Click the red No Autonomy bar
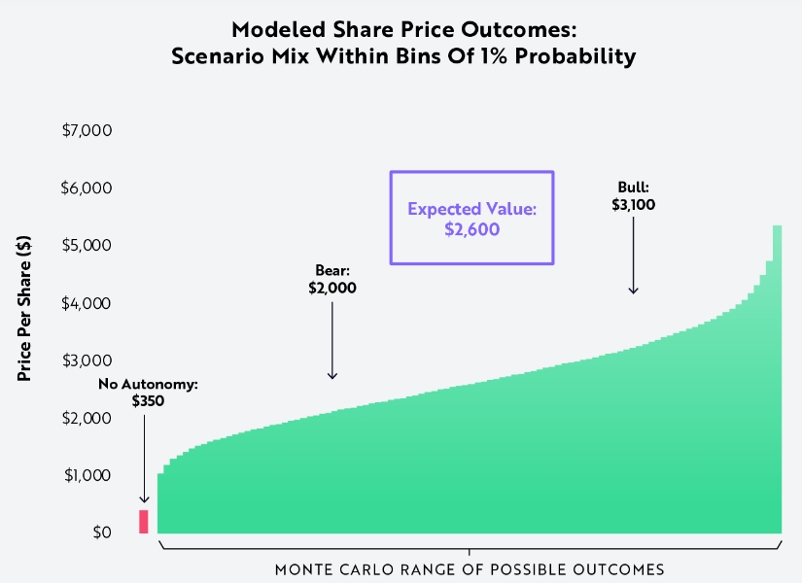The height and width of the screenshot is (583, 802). click(x=144, y=522)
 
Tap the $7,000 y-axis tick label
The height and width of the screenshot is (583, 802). click(x=87, y=130)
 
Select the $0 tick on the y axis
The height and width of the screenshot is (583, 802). click(x=102, y=532)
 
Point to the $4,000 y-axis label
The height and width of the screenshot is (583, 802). click(x=86, y=303)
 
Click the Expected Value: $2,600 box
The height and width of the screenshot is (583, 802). click(x=471, y=171)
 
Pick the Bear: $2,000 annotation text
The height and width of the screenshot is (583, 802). click(x=332, y=279)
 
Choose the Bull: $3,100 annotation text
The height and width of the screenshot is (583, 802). click(x=633, y=196)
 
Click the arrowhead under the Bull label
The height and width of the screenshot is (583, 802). click(x=633, y=291)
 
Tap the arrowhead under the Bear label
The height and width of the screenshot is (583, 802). click(x=332, y=376)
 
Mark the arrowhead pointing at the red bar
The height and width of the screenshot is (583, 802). click(x=144, y=499)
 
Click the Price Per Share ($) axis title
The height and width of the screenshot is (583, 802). click(x=24, y=308)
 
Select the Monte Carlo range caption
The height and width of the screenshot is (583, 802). click(x=470, y=569)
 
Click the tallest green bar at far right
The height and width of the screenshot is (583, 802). click(x=777, y=379)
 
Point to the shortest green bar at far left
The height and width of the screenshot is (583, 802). click(x=160, y=503)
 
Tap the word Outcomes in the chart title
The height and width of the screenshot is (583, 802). click(x=519, y=30)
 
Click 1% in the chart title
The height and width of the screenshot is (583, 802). click(x=494, y=55)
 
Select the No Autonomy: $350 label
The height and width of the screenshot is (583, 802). click(x=148, y=393)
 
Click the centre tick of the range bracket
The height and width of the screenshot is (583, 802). click(x=470, y=552)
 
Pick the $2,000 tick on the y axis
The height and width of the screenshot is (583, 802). click(x=87, y=418)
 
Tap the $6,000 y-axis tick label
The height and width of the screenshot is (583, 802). click(x=86, y=188)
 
